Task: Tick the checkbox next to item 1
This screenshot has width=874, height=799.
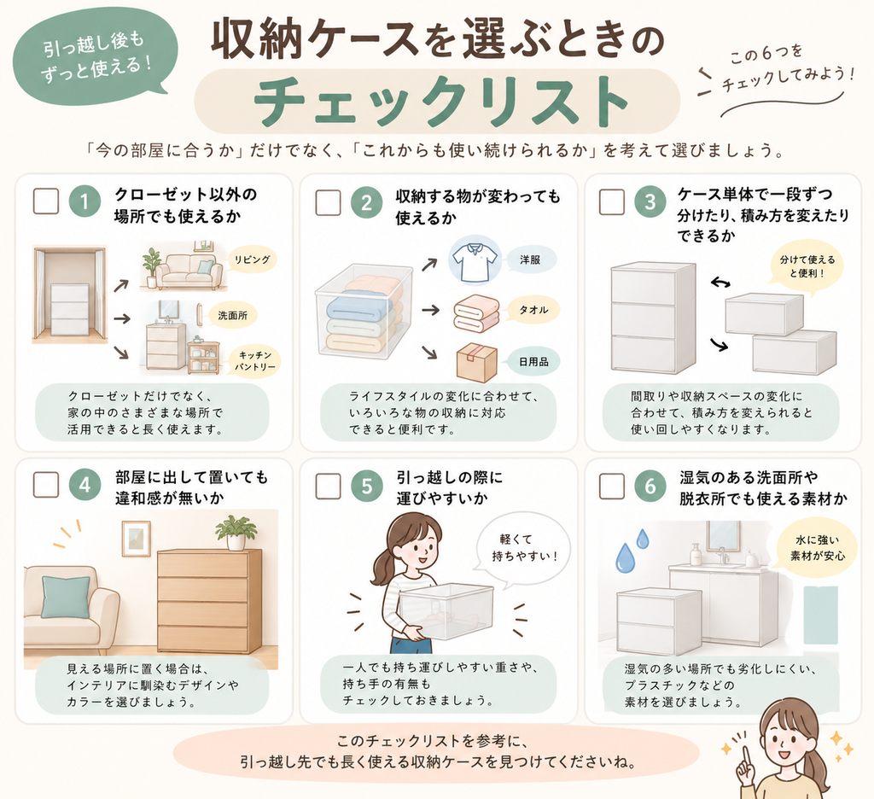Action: tap(46, 201)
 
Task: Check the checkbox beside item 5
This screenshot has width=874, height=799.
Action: tap(329, 486)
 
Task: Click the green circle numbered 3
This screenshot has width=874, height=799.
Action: tap(650, 201)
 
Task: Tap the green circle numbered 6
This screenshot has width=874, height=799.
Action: tap(650, 486)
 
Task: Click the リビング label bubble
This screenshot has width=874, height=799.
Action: tap(252, 260)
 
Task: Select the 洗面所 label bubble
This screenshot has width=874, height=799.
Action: tap(232, 316)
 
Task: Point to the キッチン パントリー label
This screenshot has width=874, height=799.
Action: tap(254, 361)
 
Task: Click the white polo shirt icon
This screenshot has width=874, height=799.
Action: tap(475, 261)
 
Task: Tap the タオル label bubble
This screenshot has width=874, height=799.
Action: tap(533, 310)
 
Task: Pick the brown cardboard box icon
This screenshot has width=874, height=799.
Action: tap(476, 363)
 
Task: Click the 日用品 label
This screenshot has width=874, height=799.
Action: tap(533, 362)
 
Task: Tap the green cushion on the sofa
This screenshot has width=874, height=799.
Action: tap(66, 598)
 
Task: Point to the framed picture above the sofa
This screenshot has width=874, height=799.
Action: tap(136, 539)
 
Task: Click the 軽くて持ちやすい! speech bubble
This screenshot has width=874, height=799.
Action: tap(523, 548)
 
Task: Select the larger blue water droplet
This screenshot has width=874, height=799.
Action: tap(626, 558)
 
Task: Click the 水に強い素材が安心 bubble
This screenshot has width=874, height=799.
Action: tap(817, 547)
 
